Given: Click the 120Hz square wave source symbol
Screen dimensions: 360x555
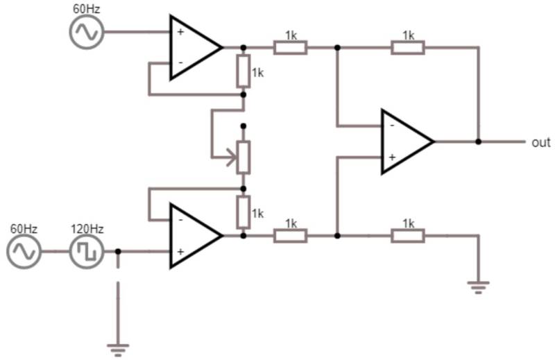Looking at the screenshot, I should [x=87, y=252].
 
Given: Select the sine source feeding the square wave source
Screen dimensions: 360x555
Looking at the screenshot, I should [x=24, y=252].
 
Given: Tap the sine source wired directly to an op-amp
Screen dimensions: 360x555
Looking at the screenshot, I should [x=87, y=32].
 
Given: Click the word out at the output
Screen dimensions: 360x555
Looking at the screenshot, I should [x=540, y=142].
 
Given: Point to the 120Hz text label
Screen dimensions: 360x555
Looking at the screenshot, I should [x=87, y=228].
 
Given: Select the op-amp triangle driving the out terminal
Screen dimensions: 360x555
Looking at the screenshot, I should [x=406, y=142].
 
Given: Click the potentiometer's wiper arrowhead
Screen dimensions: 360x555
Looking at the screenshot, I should [x=232, y=157].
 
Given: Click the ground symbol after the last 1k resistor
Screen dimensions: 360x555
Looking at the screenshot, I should [x=478, y=285].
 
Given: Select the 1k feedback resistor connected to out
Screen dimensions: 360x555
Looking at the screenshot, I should [x=408, y=48].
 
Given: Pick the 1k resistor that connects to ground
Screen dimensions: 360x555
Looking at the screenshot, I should [x=408, y=236].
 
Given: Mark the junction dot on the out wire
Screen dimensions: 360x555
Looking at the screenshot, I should [x=478, y=142].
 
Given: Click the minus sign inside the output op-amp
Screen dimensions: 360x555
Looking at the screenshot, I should [x=392, y=126].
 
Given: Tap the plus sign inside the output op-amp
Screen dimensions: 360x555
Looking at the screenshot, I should [x=392, y=157].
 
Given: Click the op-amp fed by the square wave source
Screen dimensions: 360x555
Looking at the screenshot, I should [x=194, y=236].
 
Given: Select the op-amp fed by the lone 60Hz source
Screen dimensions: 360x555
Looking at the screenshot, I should [x=194, y=48].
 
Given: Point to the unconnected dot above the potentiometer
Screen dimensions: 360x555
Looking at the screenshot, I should [x=243, y=127].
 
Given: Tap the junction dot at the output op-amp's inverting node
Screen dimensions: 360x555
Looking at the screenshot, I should [x=337, y=48].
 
